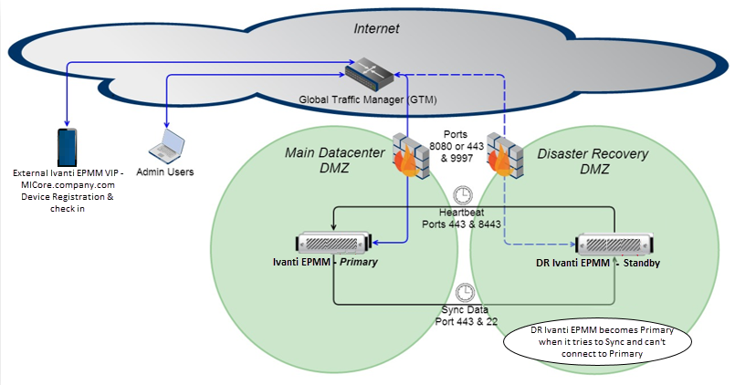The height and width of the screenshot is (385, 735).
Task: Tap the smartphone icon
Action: (67, 146)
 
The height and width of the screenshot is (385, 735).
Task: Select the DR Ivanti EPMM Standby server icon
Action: (614, 244)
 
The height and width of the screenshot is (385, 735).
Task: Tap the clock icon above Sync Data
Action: (465, 291)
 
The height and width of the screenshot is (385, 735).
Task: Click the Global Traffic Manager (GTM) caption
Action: (367, 99)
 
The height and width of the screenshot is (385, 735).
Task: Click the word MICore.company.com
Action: (67, 183)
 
